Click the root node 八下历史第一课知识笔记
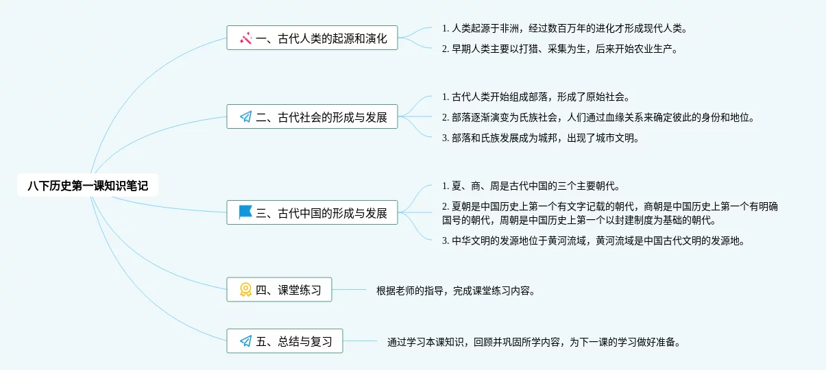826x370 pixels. click(x=88, y=185)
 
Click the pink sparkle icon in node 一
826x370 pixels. click(x=245, y=38)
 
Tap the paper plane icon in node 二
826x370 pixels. click(x=245, y=117)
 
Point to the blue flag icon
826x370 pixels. click(x=245, y=212)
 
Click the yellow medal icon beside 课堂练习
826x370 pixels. click(x=245, y=290)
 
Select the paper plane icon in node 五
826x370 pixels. click(x=245, y=341)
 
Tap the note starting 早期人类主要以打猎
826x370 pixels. click(x=559, y=49)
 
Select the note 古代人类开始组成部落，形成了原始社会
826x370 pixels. click(x=535, y=97)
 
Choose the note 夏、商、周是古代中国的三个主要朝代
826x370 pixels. click(x=531, y=186)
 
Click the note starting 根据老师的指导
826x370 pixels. click(x=455, y=291)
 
